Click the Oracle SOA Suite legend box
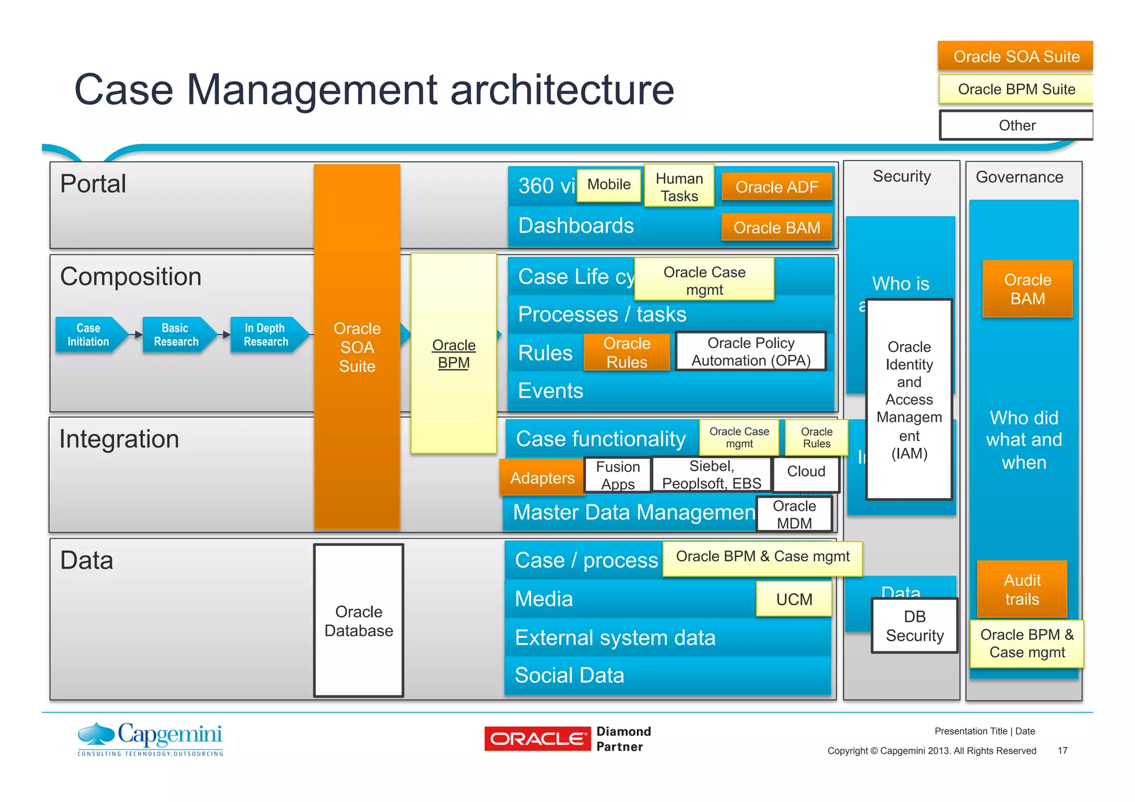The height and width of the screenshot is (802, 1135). [x=1015, y=56]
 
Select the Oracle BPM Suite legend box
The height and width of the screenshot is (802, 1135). [x=1015, y=89]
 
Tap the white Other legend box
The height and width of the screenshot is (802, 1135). [x=1016, y=125]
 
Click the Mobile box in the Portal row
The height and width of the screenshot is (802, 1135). [x=609, y=185]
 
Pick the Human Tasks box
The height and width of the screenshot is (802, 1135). [x=679, y=187]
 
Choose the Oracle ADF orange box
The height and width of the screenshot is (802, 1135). [x=776, y=187]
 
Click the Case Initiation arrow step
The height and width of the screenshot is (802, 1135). [x=89, y=335]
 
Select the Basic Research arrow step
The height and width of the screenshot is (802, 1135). [x=176, y=335]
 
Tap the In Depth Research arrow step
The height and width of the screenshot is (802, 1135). [x=266, y=335]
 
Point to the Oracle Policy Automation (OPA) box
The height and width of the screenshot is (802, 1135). [x=751, y=351]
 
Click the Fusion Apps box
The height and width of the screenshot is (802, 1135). [x=617, y=475]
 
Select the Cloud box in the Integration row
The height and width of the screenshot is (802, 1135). [x=806, y=472]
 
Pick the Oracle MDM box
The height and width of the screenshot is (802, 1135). [x=794, y=514]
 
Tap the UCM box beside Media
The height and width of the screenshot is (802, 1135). [x=794, y=599]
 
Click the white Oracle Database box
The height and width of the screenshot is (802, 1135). [x=359, y=621]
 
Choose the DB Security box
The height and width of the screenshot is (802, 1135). [x=914, y=626]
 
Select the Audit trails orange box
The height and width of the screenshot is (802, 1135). [x=1022, y=589]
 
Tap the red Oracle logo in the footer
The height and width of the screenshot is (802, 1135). [x=537, y=739]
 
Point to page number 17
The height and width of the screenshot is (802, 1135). [x=1062, y=750]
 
